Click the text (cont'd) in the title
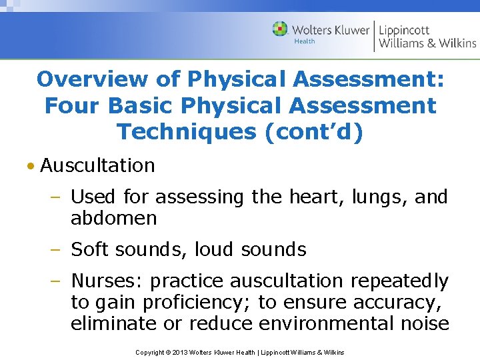click(x=314, y=131)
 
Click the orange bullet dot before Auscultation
click(x=31, y=166)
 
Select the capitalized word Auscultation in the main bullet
click(x=97, y=165)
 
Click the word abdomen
click(x=114, y=218)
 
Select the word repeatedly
click(x=399, y=281)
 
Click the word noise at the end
click(x=422, y=323)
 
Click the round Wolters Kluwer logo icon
click(x=281, y=29)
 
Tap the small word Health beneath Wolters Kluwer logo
click(x=304, y=41)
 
